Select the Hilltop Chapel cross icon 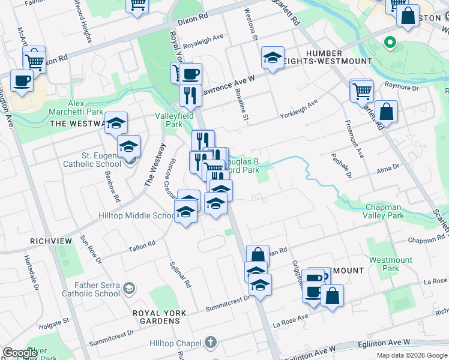(x=210, y=343)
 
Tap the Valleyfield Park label (x=169, y=120)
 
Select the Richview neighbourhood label (x=51, y=241)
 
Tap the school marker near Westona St (x=273, y=58)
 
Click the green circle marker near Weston (x=390, y=43)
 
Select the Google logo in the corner (x=20, y=352)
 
